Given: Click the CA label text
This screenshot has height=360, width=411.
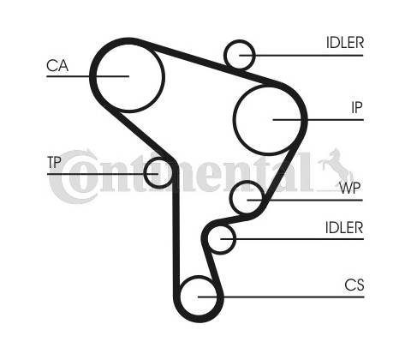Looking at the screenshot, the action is click(x=57, y=65).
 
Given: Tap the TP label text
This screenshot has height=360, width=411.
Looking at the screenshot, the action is click(x=54, y=162).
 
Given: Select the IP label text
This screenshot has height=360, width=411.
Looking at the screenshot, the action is click(x=357, y=107).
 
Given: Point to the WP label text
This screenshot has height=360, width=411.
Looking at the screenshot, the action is click(x=350, y=188).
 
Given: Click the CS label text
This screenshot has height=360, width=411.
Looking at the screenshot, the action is click(x=354, y=285).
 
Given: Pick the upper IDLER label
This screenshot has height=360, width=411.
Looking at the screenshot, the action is click(x=345, y=43).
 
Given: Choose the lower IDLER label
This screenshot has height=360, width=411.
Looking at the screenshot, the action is click(x=344, y=228).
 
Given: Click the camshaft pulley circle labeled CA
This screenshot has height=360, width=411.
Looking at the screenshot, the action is click(x=164, y=76).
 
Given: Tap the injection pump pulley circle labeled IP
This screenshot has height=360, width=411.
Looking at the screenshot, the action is click(x=234, y=120).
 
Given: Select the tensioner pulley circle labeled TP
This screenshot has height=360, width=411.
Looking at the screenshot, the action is click(x=145, y=173).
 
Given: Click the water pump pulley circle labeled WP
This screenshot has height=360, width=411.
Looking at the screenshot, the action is click(x=230, y=197).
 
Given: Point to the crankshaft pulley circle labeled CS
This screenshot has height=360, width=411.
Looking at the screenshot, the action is click(x=181, y=297).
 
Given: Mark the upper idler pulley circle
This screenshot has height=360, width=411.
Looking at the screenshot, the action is click(x=225, y=55).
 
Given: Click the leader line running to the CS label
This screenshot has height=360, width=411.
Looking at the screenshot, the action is click(x=281, y=297).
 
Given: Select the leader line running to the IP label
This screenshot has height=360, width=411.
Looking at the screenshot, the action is click(x=319, y=120).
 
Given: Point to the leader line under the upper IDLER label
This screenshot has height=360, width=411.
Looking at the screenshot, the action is click(x=301, y=55).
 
